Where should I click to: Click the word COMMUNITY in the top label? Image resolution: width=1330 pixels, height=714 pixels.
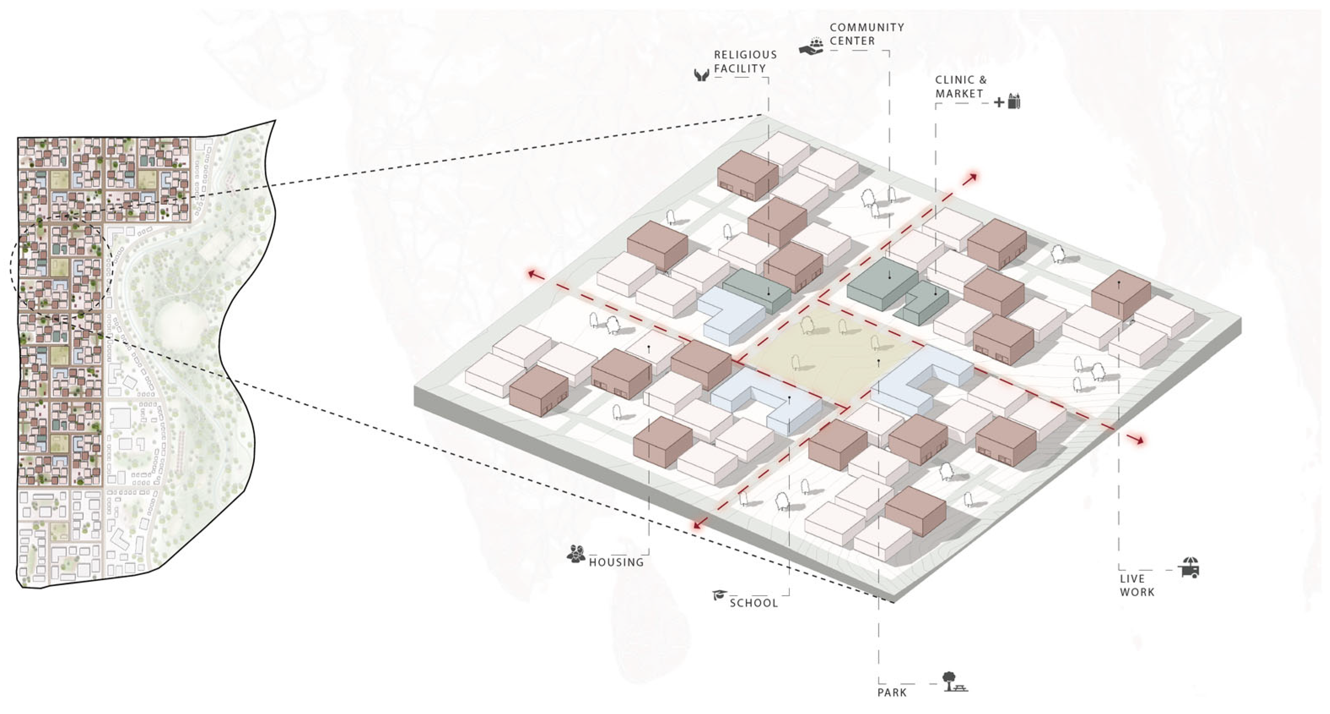point(867,27)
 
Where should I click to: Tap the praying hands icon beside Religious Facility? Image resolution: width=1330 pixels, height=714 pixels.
point(701,76)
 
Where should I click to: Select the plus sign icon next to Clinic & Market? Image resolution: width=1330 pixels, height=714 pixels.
point(999,102)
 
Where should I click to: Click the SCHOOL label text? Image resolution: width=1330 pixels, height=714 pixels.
point(754,603)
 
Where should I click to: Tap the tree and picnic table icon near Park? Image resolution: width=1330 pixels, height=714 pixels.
point(954,682)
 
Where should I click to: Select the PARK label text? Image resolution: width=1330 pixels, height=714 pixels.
point(892,692)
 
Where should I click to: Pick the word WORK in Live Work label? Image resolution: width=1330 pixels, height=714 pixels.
point(1137,592)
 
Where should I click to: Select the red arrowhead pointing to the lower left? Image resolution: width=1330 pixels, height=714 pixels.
point(699,525)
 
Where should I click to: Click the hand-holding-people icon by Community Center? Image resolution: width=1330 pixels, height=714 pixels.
point(812,46)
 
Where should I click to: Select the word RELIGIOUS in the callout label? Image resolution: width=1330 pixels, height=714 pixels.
point(745,55)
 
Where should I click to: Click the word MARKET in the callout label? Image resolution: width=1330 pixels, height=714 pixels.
point(959,93)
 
